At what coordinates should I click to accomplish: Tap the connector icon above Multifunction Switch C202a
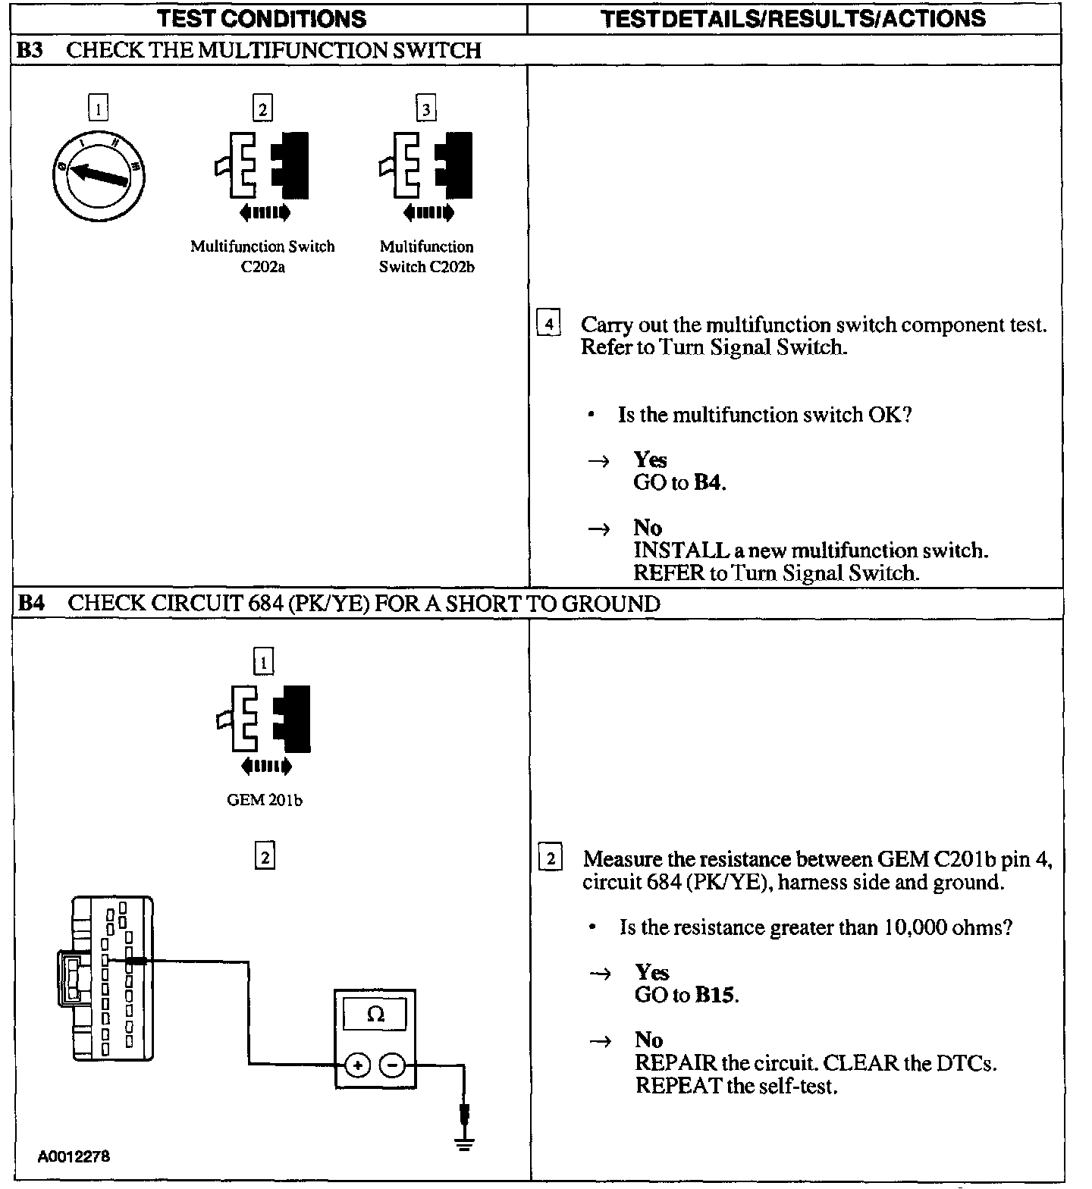[262, 167]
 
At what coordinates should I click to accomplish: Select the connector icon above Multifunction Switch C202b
[426, 167]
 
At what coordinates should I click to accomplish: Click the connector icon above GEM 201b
[264, 720]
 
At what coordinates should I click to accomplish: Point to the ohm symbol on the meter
[375, 1015]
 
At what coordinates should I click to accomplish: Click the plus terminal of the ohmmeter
[357, 1065]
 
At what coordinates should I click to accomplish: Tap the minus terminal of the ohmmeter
[392, 1065]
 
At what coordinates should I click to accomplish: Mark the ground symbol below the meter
[465, 1144]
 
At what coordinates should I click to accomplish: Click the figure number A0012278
[74, 1157]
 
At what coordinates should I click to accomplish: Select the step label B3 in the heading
[31, 50]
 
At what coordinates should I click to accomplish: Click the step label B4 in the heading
[31, 604]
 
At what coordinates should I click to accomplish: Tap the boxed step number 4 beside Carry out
[549, 325]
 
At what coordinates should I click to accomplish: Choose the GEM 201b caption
[264, 800]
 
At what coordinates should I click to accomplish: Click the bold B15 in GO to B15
[715, 995]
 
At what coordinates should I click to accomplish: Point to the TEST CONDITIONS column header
[262, 18]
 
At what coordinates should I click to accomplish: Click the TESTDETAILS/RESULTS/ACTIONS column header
[793, 18]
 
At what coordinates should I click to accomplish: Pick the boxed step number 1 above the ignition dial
[99, 108]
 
